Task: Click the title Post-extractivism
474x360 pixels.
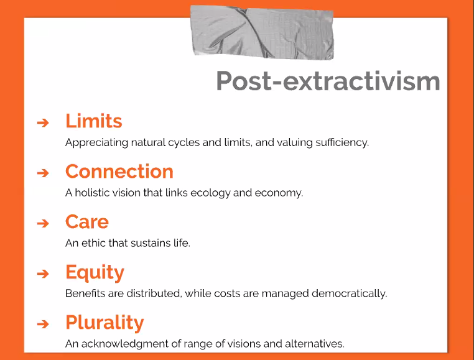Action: (328, 81)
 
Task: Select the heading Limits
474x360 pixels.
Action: (93, 121)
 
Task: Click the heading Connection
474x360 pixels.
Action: (119, 171)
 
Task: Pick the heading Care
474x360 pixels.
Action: (86, 221)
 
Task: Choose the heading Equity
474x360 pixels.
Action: (95, 272)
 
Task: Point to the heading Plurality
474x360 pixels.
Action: (104, 323)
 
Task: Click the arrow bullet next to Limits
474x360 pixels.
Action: (42, 122)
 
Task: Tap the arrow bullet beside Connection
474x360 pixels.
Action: (42, 173)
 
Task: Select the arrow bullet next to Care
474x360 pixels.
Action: (42, 223)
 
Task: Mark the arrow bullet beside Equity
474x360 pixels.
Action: (42, 274)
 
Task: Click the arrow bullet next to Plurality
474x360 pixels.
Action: (42, 324)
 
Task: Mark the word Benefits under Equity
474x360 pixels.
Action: (84, 293)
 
